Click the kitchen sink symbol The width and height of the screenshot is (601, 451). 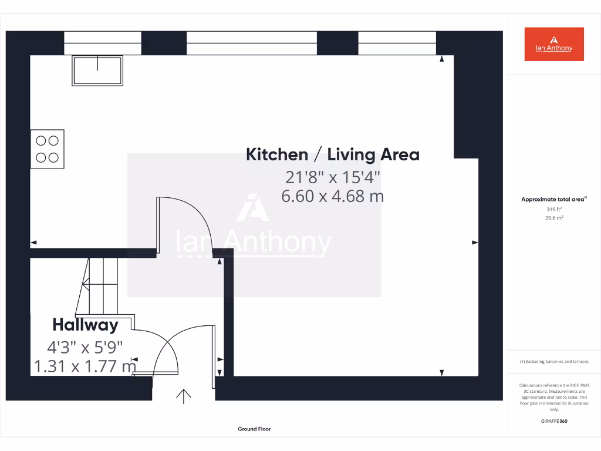pos(97,70)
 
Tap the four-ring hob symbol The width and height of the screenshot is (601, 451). pos(48,149)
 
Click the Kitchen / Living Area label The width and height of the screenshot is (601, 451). pos(332,155)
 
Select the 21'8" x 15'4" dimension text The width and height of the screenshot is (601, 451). pos(333,176)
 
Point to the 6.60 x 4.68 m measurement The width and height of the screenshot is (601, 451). pos(333,196)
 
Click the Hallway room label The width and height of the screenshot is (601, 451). pos(85,325)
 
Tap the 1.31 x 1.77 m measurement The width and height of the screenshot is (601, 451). pos(86,367)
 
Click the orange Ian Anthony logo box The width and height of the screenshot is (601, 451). pos(554,44)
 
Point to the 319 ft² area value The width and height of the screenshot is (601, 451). pos(554,209)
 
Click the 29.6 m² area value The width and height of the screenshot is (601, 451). pos(554,218)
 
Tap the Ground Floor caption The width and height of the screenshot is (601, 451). pos(254,429)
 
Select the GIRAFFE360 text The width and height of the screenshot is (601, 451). pos(554,421)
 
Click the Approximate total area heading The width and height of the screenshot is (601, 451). pos(553,200)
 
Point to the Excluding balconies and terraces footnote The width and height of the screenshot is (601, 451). pos(554,362)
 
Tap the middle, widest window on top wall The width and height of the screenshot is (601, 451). pos(252,43)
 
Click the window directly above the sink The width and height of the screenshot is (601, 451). pos(103,43)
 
